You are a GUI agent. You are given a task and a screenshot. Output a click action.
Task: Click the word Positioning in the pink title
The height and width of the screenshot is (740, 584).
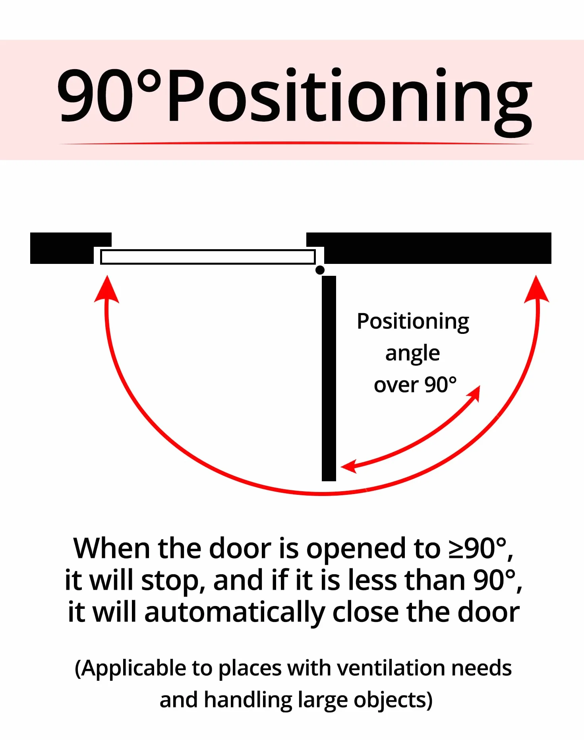tap(350, 99)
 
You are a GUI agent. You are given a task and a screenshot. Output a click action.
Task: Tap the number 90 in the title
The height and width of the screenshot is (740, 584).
tap(95, 95)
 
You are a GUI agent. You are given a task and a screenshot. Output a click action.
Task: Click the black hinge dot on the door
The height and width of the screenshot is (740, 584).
tap(320, 270)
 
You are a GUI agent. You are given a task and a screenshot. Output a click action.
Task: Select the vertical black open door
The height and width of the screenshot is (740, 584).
tap(329, 378)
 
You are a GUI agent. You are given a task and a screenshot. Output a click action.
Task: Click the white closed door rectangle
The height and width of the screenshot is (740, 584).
tap(208, 257)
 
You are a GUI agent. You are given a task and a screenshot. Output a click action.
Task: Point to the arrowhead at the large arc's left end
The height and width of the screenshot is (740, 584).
tap(106, 289)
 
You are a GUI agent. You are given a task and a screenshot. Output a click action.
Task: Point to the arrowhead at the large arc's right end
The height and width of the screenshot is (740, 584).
tap(537, 289)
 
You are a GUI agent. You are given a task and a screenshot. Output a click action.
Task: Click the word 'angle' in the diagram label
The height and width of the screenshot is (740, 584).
tap(412, 353)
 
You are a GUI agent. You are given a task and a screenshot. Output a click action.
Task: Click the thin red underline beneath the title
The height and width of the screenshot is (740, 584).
tap(296, 143)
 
